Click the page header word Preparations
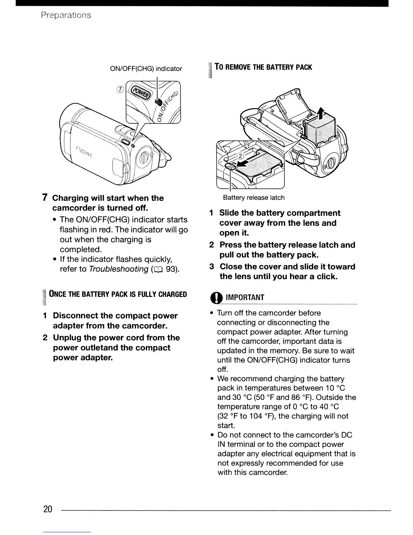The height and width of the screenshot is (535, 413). point(65,15)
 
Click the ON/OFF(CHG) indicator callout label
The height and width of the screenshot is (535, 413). point(146,69)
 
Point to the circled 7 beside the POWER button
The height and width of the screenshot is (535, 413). point(120,89)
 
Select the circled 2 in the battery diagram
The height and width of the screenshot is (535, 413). point(240,156)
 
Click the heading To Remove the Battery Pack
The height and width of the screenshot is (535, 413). point(263,67)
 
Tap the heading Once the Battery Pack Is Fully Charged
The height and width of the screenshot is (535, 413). point(118,294)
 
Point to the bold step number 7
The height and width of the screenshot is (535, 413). point(44,198)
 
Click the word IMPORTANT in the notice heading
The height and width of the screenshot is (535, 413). point(245,297)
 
